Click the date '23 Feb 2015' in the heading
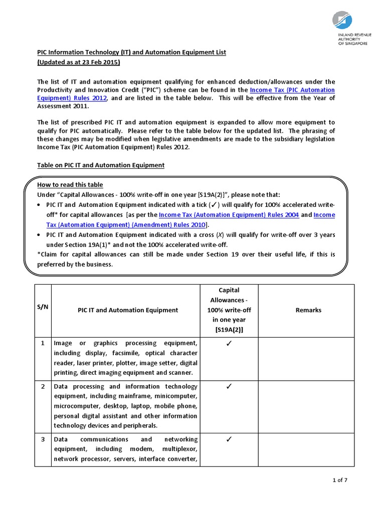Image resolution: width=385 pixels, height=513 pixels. (x=99, y=62)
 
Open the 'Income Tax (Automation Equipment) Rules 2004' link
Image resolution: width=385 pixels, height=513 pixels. (x=229, y=215)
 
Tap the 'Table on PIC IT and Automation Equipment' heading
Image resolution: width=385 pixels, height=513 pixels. (x=101, y=165)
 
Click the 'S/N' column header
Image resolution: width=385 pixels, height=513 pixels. (x=43, y=310)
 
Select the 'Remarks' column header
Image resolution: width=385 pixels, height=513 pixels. (x=308, y=310)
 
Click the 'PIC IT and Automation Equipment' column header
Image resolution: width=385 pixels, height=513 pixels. (x=127, y=310)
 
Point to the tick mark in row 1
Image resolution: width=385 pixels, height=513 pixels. (x=228, y=343)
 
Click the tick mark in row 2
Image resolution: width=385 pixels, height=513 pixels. (x=228, y=387)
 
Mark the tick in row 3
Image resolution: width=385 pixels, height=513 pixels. (x=228, y=439)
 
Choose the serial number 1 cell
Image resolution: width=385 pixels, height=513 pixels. (x=43, y=343)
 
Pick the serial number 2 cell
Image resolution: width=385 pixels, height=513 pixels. (x=43, y=387)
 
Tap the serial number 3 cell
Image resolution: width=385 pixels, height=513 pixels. (x=43, y=439)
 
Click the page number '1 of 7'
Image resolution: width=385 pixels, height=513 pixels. (x=339, y=480)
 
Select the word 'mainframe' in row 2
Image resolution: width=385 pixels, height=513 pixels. (x=141, y=396)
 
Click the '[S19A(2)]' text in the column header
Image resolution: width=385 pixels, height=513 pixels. (x=228, y=330)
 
